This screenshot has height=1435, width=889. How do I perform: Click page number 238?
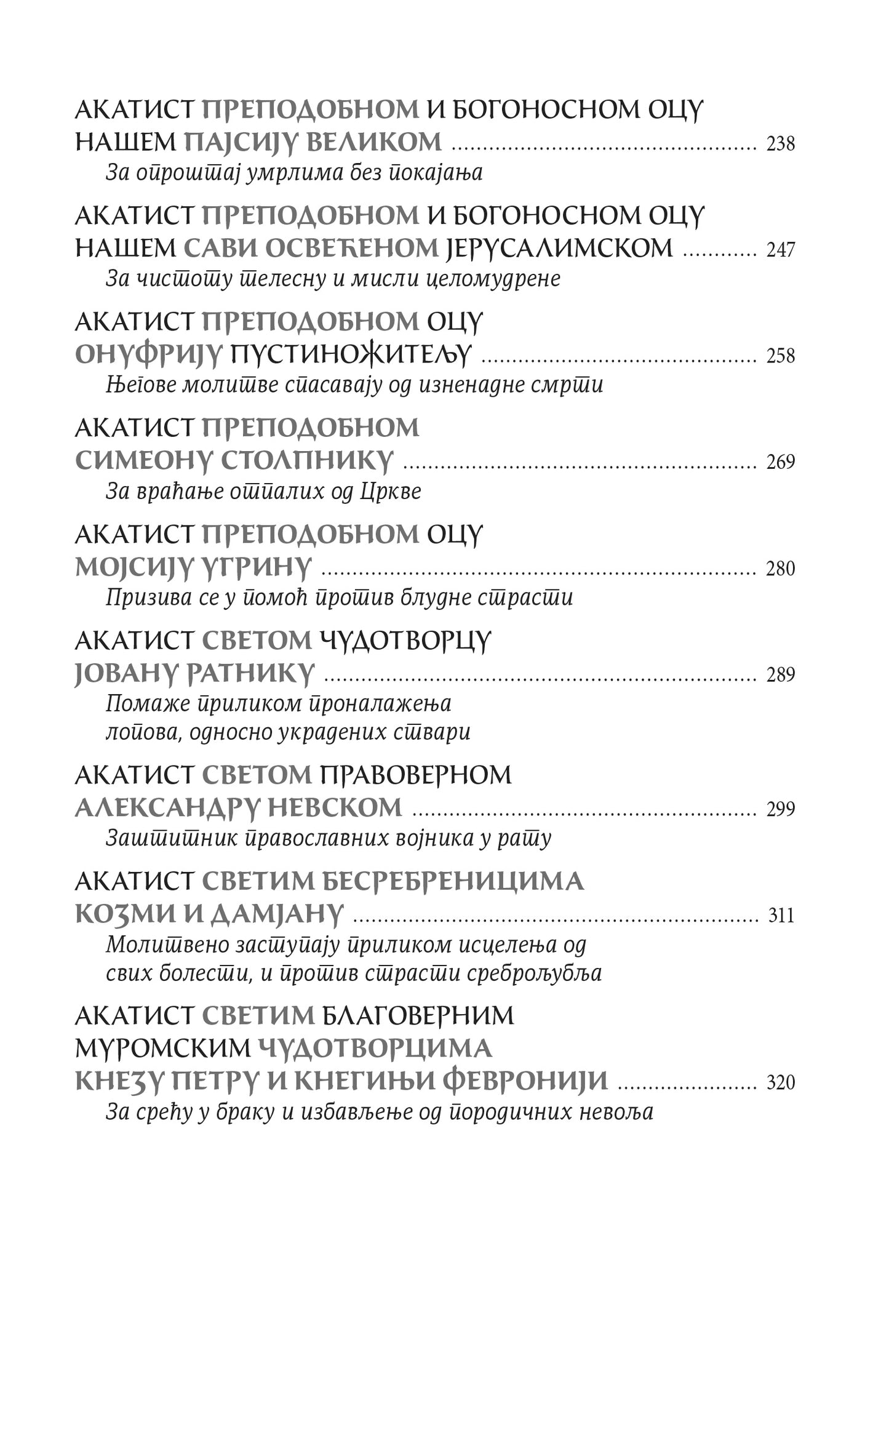(781, 144)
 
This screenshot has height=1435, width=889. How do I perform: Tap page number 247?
(781, 250)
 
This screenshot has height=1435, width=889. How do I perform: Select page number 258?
(781, 356)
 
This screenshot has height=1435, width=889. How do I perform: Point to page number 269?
(781, 462)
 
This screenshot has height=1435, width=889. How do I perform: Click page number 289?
(781, 675)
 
